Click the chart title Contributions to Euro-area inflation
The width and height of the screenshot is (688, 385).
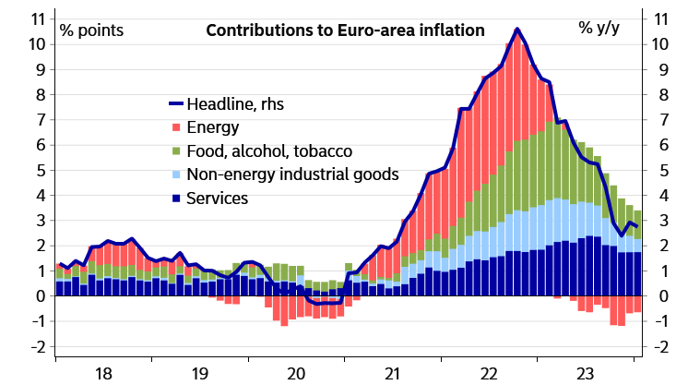344,30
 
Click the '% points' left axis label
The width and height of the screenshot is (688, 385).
90,30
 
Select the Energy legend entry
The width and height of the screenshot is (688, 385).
212,127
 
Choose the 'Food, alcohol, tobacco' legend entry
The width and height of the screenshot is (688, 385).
268,151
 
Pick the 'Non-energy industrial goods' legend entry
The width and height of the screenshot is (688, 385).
291,174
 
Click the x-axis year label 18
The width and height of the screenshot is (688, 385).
103,373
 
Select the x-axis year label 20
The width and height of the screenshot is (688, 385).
296,373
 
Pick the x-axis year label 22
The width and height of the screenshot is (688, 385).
489,373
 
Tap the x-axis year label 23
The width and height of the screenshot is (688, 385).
585,373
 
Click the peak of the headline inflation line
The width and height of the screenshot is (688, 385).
516,29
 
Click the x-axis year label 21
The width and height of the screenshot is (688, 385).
392,373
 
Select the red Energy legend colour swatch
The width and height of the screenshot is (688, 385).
176,127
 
